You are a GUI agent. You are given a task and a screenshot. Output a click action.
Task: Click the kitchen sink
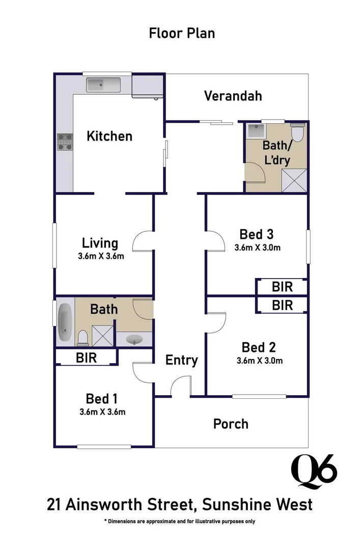point(103,85)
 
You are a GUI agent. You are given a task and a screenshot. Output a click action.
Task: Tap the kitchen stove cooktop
point(65,142)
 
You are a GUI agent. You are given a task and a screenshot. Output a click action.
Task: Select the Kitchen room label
point(109,136)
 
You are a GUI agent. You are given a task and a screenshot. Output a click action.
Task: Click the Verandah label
point(233,96)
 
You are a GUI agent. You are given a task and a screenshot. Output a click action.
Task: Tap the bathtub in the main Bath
point(65,322)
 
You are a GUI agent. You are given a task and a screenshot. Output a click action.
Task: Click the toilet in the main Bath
point(82,337)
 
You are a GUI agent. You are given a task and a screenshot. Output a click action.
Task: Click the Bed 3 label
point(257,234)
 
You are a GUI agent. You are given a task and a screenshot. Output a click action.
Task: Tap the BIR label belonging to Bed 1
point(86,358)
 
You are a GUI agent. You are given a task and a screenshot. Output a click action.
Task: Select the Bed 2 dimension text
point(259,361)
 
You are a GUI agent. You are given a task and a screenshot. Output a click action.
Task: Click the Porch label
point(231,424)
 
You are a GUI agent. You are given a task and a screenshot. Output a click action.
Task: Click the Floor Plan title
point(182,33)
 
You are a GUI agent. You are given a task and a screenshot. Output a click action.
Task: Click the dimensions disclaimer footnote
point(180,521)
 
